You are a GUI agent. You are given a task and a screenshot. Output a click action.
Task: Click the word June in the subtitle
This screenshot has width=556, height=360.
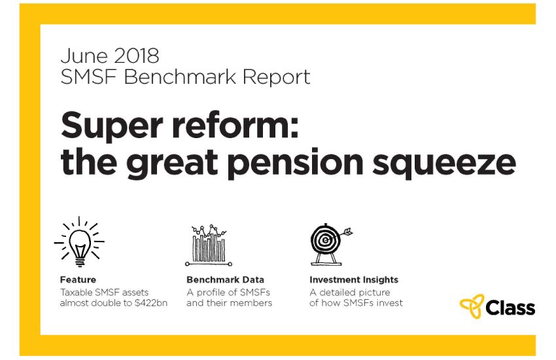coord(84,56)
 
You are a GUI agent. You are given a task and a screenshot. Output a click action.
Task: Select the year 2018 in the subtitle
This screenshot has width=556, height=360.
coord(137,56)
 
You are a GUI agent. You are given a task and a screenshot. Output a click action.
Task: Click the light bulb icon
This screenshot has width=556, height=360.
coord(79,242)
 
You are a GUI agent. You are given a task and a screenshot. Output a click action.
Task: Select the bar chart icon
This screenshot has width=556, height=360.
coord(209,245)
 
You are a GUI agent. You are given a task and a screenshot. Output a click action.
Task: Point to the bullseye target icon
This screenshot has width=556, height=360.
coord(326,245)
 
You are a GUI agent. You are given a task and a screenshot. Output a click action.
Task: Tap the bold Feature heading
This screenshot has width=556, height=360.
coord(78,279)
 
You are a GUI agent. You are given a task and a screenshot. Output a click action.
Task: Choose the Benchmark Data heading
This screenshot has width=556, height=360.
coord(225,279)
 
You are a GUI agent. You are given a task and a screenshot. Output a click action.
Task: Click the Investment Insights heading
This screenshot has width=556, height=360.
coord(354,280)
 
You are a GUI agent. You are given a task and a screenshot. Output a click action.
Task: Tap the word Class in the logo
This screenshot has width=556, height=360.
coord(510,308)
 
